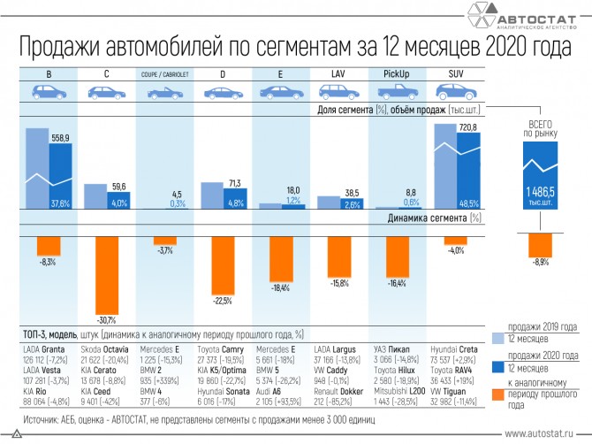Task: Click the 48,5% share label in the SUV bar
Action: coord(469,203)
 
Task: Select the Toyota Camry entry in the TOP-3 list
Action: coord(220,351)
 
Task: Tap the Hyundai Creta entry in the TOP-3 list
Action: coord(457,351)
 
